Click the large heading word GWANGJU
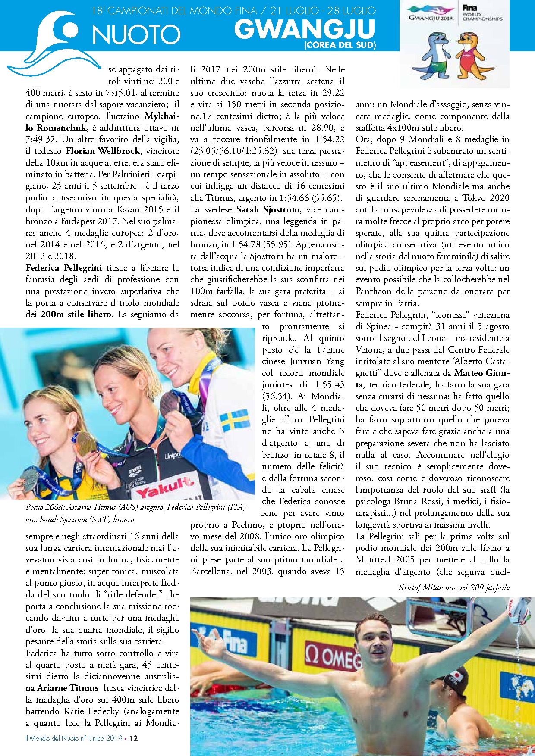(x=305, y=29)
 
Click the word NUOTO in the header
(x=136, y=34)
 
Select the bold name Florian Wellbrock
(x=103, y=151)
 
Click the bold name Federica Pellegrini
(x=64, y=268)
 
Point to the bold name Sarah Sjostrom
(x=268, y=209)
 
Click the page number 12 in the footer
(x=133, y=738)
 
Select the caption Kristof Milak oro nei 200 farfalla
(x=454, y=587)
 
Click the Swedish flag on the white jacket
(x=235, y=420)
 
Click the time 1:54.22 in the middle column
(x=330, y=139)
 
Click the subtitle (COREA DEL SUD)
(x=340, y=45)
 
